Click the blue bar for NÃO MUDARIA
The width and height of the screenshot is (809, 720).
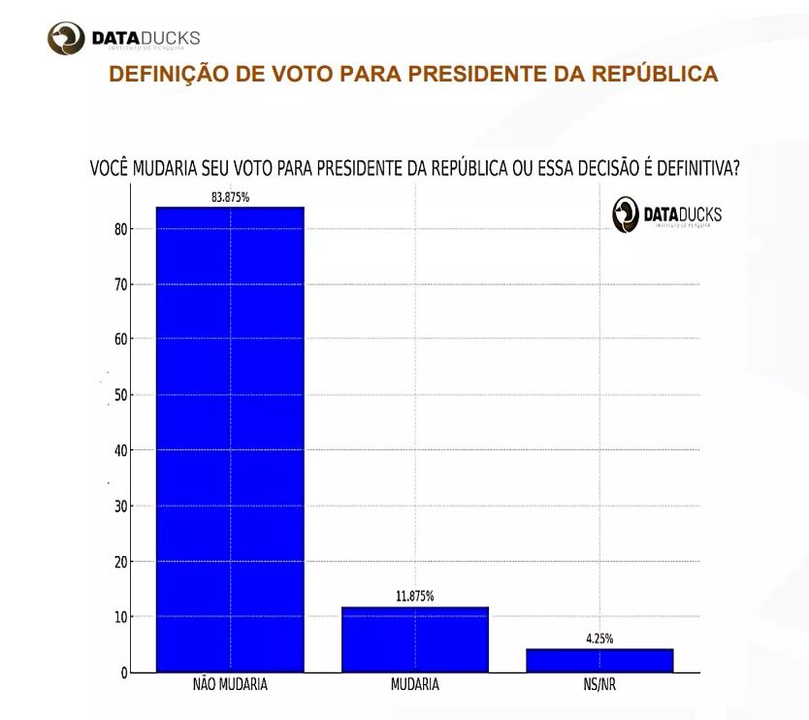[x=230, y=439]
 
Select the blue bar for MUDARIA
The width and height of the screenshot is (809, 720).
[x=415, y=639]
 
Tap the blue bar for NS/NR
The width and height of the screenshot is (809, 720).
[x=599, y=660]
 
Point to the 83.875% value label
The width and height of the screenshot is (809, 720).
[x=231, y=197]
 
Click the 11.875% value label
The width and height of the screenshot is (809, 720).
[x=415, y=596]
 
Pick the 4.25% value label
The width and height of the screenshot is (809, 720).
[x=599, y=638]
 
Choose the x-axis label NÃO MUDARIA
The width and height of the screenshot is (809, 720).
[x=230, y=684]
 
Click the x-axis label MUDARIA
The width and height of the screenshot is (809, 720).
[x=415, y=684]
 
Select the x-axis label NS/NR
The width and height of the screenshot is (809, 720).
[x=599, y=684]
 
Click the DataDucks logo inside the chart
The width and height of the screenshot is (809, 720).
[x=666, y=214]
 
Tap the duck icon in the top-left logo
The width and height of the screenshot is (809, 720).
[x=67, y=40]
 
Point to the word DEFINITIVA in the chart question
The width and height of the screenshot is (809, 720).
[x=692, y=168]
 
